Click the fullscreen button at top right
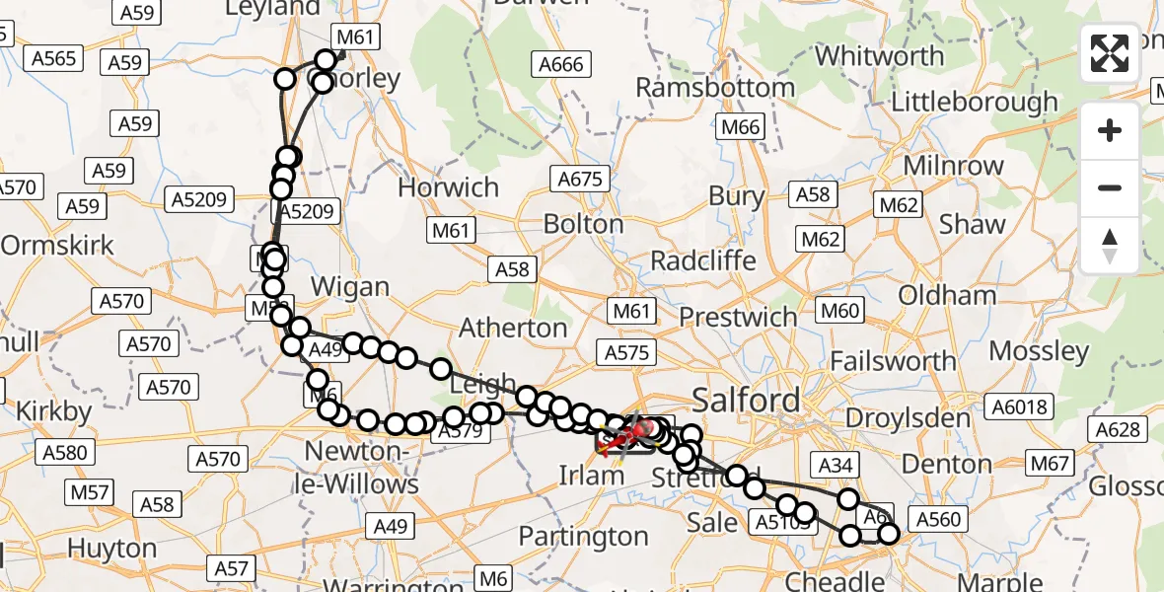pos(1110,53)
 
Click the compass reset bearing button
pos(1110,245)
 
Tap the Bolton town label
pos(584,224)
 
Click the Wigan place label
pos(350,287)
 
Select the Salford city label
pos(746,400)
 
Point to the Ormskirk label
pos(56,245)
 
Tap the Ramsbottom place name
pos(715,88)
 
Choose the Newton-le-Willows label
pos(362,468)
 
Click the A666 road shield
pos(561,65)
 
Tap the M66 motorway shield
pos(740,126)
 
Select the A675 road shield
pos(580,180)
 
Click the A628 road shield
pos(1119,429)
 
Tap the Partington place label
pos(583,537)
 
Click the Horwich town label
pos(448,187)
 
